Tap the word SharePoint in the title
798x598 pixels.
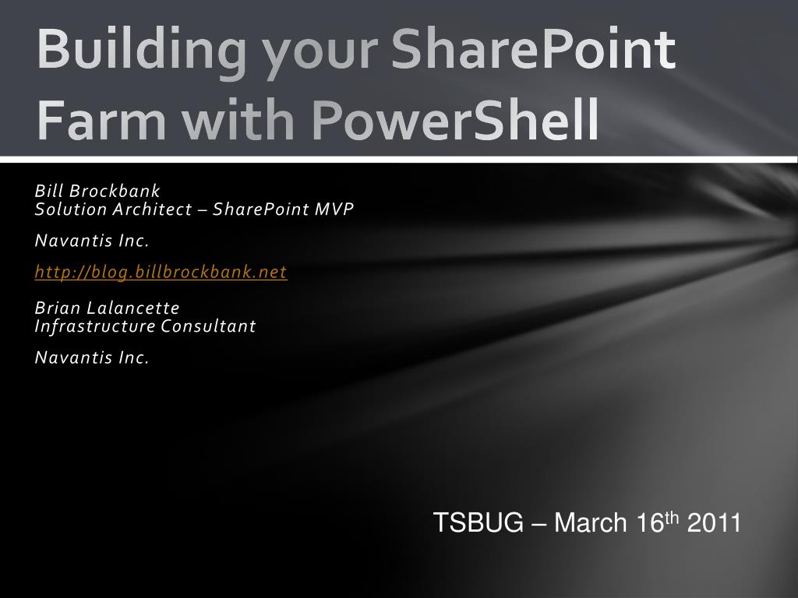(533, 48)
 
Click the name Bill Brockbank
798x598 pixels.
(97, 191)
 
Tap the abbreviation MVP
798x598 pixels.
(334, 209)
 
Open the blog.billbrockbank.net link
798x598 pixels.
(161, 272)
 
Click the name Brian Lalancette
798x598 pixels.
(107, 308)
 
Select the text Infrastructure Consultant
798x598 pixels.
(145, 325)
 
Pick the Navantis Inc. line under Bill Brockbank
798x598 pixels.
(91, 241)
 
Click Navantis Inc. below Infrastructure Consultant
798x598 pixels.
(91, 357)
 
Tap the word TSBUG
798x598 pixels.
(478, 523)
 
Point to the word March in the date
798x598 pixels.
(590, 523)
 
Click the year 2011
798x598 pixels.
(713, 523)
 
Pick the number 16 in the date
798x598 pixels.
(648, 523)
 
